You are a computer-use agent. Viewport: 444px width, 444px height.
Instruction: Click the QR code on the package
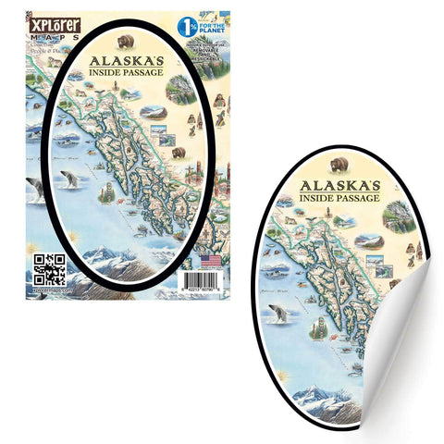(x=49, y=269)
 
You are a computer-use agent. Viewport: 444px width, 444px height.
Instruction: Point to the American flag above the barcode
(x=211, y=262)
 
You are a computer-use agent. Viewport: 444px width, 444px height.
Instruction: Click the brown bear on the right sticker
(x=339, y=164)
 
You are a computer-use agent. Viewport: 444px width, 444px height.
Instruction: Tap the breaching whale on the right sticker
(x=277, y=313)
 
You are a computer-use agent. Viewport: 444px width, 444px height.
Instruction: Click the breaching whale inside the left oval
(x=68, y=179)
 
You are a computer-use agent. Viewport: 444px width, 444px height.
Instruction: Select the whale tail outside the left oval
(x=35, y=188)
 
